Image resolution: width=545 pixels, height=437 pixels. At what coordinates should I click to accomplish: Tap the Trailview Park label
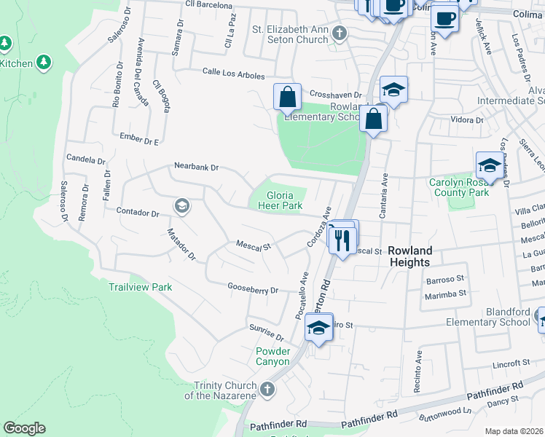141,287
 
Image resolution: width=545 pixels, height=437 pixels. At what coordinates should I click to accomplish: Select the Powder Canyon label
272,356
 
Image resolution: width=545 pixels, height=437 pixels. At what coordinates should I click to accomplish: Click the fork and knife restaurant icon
343,240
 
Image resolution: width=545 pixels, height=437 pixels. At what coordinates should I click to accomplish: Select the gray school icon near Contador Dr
181,207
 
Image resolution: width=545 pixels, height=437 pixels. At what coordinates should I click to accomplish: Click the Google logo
24,428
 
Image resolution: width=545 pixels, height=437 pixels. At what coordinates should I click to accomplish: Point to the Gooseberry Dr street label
253,290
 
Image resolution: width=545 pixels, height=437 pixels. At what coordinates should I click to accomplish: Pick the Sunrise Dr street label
266,334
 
